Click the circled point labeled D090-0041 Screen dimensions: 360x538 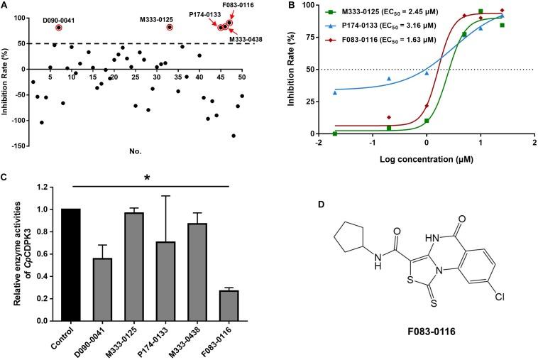pyautogui.click(x=59, y=27)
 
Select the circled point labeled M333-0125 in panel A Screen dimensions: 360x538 pyautogui.click(x=170, y=27)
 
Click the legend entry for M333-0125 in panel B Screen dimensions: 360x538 pyautogui.click(x=365, y=10)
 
